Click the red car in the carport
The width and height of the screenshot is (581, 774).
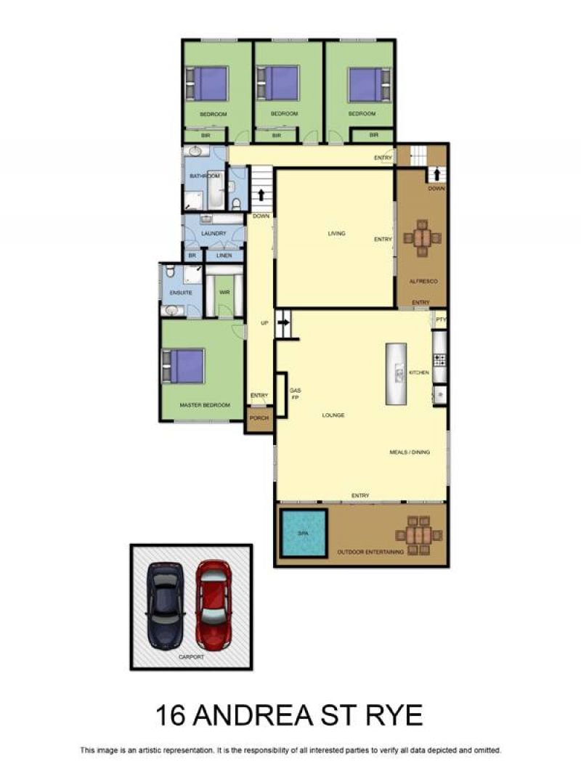click(214, 604)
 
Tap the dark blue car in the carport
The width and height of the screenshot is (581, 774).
click(166, 605)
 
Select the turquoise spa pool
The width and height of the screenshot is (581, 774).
click(304, 533)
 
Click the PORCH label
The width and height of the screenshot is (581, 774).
click(259, 418)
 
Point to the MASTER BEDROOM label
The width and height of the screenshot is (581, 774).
click(205, 405)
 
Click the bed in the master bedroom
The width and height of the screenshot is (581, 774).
click(183, 366)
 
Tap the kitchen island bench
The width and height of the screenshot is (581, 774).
click(397, 374)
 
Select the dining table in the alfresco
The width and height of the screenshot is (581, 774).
click(421, 238)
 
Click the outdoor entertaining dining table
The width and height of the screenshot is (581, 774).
click(418, 535)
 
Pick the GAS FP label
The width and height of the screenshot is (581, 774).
click(295, 394)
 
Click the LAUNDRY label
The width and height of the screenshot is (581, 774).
click(214, 234)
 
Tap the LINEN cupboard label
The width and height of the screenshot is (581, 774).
click(224, 256)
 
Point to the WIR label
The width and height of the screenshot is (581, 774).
click(224, 293)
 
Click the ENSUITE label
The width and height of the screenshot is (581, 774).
click(181, 293)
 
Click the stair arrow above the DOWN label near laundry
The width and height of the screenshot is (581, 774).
click(261, 195)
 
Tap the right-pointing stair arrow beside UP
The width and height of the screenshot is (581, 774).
click(284, 322)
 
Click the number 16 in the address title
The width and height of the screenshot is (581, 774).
click(171, 714)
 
